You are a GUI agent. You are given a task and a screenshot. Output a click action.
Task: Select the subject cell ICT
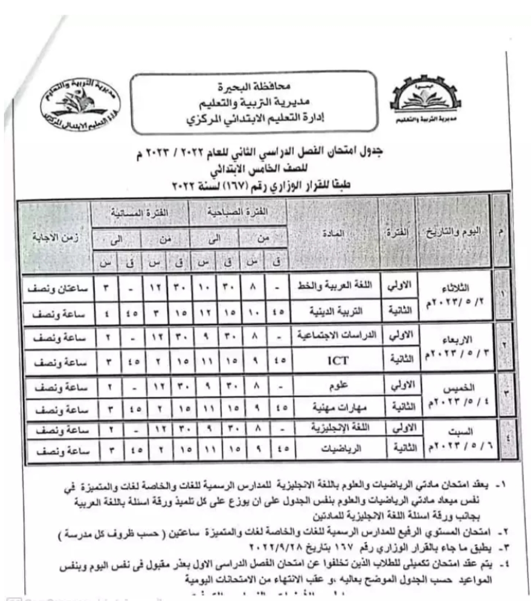click(x=338, y=361)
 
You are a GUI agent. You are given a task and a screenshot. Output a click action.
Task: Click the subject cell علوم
click(x=338, y=386)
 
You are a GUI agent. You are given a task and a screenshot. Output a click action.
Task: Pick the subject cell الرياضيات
click(x=338, y=449)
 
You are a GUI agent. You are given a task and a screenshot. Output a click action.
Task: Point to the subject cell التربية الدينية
click(x=338, y=311)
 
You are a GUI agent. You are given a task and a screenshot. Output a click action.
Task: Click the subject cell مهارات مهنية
click(x=338, y=408)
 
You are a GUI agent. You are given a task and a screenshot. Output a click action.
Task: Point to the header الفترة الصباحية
click(x=239, y=213)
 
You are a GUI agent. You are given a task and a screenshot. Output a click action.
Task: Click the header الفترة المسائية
click(x=140, y=213)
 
